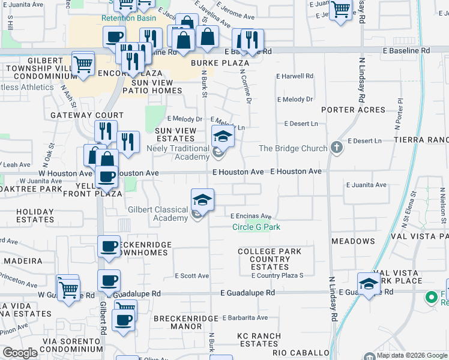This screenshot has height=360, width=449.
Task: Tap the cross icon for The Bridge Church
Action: tap(336, 148)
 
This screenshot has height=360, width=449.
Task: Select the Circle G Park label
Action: tap(256, 227)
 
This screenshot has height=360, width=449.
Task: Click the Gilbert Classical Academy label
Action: tap(158, 214)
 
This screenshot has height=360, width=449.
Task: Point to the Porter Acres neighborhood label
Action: tap(353, 110)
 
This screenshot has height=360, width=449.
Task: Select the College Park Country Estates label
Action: tap(270, 259)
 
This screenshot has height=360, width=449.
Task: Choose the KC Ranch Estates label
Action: tap(259, 340)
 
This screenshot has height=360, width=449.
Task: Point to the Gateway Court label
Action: tap(87, 115)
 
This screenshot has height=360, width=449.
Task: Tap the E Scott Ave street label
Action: tap(191, 276)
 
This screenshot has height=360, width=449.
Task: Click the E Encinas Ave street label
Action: tap(252, 217)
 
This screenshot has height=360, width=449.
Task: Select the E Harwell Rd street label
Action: tap(295, 76)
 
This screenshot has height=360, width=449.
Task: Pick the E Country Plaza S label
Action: tap(277, 275)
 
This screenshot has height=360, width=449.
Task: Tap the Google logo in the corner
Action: tap(20, 353)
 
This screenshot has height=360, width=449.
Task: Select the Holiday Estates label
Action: tap(26, 215)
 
